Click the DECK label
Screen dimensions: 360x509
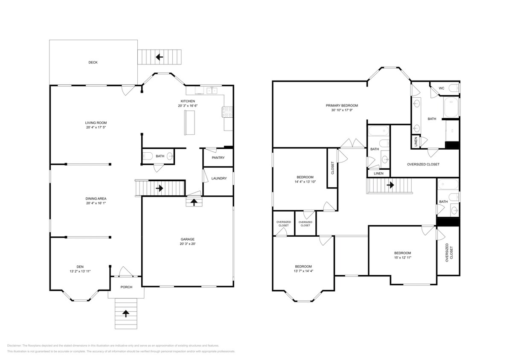(93, 62)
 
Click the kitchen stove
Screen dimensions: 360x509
(227, 112)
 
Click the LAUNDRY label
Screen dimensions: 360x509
(219, 178)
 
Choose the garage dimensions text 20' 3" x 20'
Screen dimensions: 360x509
(188, 244)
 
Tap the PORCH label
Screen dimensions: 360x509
(126, 287)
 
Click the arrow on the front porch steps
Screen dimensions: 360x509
(126, 314)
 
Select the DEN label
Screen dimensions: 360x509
(80, 267)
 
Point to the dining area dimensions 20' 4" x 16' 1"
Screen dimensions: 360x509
(96, 203)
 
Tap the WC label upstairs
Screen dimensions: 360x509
(442, 88)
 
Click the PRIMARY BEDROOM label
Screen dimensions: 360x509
(342, 105)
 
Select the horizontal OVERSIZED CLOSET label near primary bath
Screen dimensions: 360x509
(423, 164)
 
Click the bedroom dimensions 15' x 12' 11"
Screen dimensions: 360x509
(402, 257)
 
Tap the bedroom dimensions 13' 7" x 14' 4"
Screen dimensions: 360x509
(303, 271)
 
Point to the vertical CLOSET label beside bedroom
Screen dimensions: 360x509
(333, 168)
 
